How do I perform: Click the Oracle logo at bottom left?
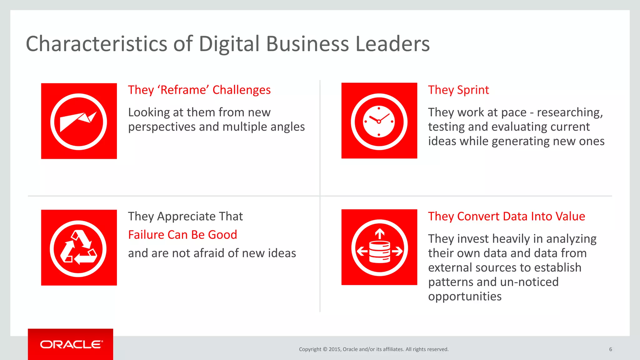pyautogui.click(x=71, y=344)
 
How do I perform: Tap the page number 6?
pyautogui.click(x=610, y=349)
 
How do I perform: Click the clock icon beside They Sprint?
pyautogui.click(x=379, y=121)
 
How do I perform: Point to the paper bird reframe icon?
pyautogui.click(x=78, y=121)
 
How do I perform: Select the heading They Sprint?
pyautogui.click(x=458, y=90)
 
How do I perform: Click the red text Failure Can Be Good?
pyautogui.click(x=182, y=235)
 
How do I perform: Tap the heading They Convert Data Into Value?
pyautogui.click(x=506, y=216)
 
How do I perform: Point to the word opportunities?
pyautogui.click(x=465, y=296)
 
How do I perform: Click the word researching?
pyautogui.click(x=569, y=112)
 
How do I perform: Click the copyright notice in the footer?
pyautogui.click(x=373, y=349)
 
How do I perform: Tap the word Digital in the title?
pyautogui.click(x=229, y=44)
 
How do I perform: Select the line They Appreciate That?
pyautogui.click(x=185, y=216)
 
